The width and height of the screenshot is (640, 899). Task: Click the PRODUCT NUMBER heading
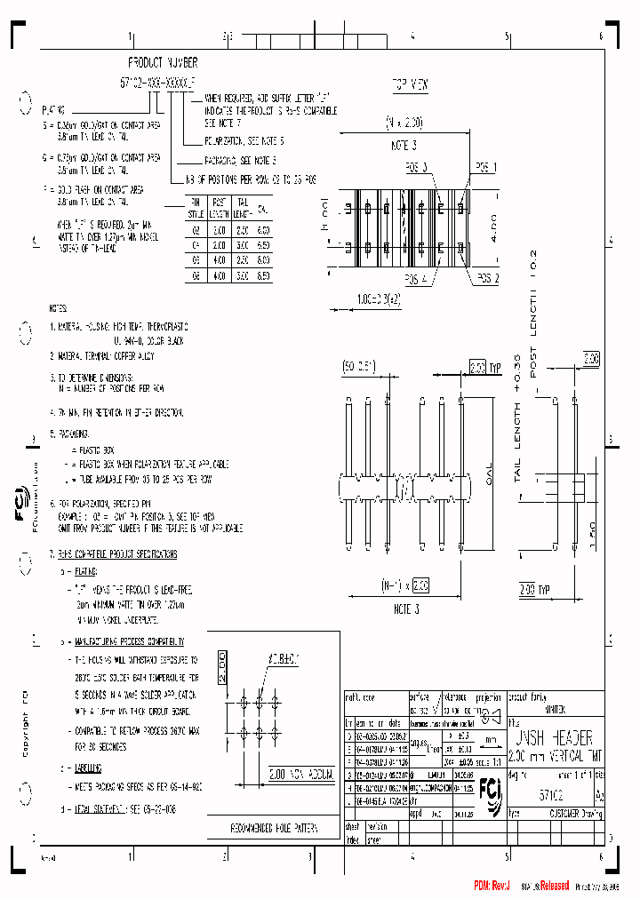coord(163,63)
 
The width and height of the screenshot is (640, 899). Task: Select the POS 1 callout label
coord(485,167)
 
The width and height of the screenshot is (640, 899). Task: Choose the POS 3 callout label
coord(414,167)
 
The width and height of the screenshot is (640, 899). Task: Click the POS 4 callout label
coord(414,278)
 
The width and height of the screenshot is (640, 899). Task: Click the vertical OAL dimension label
coord(488,478)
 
